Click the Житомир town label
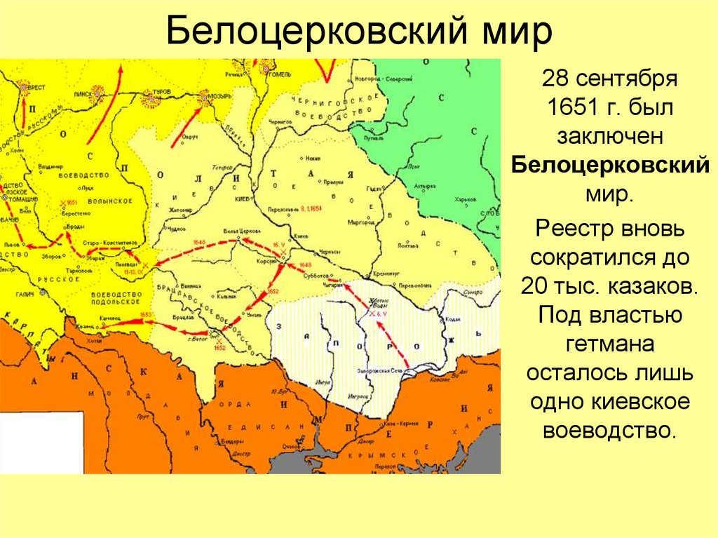[179, 209]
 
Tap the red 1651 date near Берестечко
[71, 201]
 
